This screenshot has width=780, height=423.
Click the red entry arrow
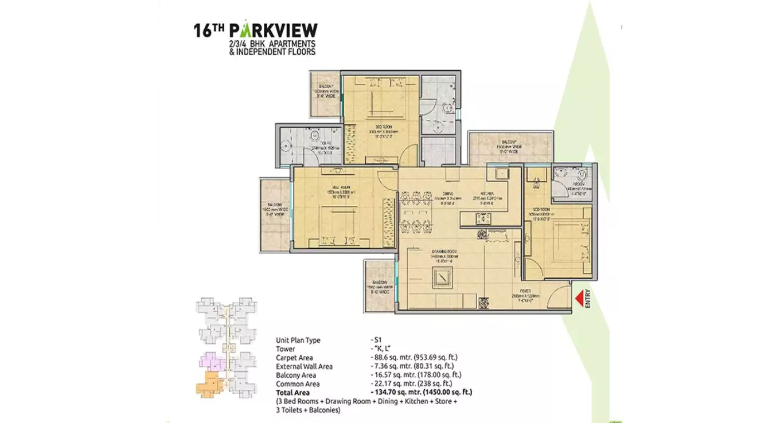(579, 299)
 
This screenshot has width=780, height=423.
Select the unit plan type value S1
(377, 340)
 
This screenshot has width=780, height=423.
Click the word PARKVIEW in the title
(272, 30)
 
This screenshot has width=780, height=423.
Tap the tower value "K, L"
(381, 348)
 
